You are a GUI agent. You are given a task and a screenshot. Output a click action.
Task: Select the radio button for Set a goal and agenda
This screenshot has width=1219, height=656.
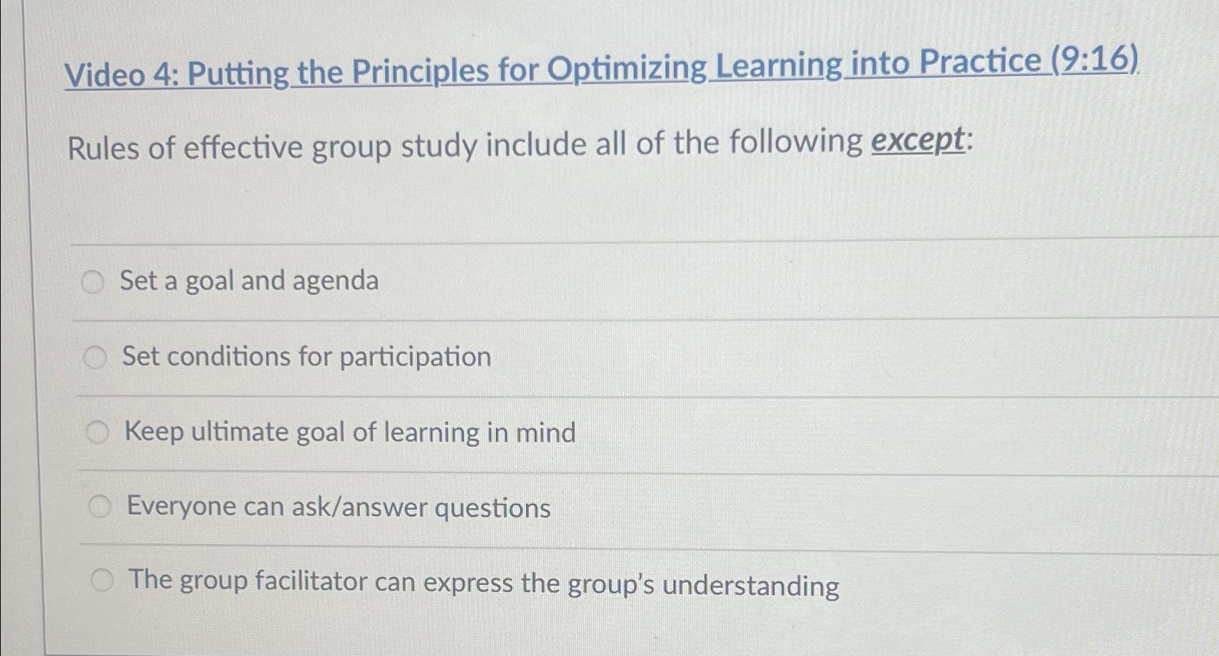pos(93,282)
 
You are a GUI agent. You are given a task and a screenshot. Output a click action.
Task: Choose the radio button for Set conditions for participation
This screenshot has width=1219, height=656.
pos(95,357)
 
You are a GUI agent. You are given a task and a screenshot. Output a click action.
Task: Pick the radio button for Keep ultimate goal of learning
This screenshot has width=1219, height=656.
pos(98,432)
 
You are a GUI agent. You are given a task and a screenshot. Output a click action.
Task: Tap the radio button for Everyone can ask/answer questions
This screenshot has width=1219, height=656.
pos(100,507)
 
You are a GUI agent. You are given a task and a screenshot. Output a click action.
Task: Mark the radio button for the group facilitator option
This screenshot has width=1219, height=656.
pos(103,580)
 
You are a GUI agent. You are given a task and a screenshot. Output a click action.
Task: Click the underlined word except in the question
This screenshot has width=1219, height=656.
pos(918,140)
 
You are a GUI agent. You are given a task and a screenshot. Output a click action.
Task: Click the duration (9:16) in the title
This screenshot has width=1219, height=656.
pos(1095,59)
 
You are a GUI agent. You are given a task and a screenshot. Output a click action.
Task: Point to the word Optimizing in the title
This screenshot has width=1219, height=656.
pos(627,68)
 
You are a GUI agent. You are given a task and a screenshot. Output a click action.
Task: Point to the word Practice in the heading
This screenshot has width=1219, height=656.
pos(980,61)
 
